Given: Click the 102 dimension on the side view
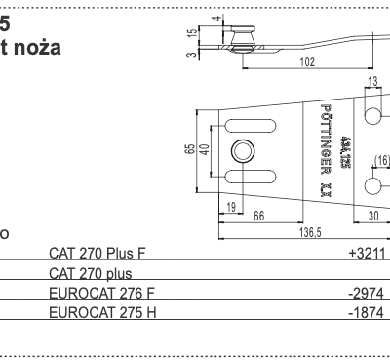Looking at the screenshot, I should pyautogui.click(x=307, y=60).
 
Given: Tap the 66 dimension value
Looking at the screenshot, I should pyautogui.click(x=259, y=218).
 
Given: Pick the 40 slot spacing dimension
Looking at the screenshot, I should pyautogui.click(x=205, y=151).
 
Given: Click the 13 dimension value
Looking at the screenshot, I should pyautogui.click(x=372, y=84).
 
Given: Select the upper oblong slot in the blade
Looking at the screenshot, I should pyautogui.click(x=244, y=125).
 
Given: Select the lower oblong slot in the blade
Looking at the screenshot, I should pyautogui.click(x=244, y=177).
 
